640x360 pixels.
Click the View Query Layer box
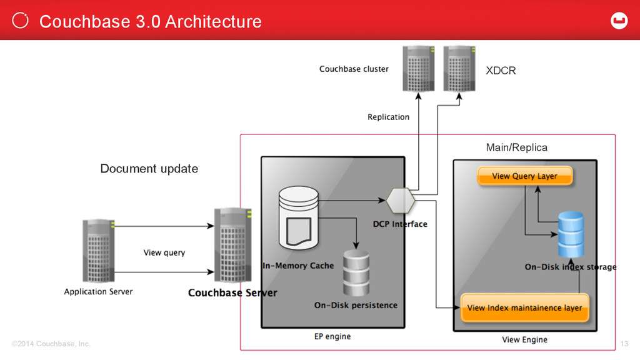(x=525, y=176)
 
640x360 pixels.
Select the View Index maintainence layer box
(x=524, y=307)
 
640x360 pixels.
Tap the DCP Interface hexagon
(x=401, y=201)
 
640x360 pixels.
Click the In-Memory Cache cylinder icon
(x=298, y=218)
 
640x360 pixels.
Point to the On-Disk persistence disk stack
(x=356, y=273)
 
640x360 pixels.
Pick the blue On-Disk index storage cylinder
(x=571, y=234)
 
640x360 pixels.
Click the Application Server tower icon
(x=98, y=251)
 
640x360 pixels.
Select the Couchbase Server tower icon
(x=232, y=245)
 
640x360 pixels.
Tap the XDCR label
(x=501, y=71)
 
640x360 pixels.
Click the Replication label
(x=388, y=117)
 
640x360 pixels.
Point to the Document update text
(x=149, y=169)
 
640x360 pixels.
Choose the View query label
(x=164, y=252)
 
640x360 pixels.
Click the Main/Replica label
(x=516, y=147)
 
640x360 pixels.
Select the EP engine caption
(x=332, y=336)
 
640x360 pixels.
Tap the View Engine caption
(x=524, y=339)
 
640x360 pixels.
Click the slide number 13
(x=624, y=344)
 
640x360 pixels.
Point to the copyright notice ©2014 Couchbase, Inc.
(x=51, y=344)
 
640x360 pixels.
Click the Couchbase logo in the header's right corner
(x=619, y=21)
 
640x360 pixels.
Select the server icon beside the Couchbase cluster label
(x=418, y=69)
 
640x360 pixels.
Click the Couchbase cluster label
(x=354, y=69)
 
